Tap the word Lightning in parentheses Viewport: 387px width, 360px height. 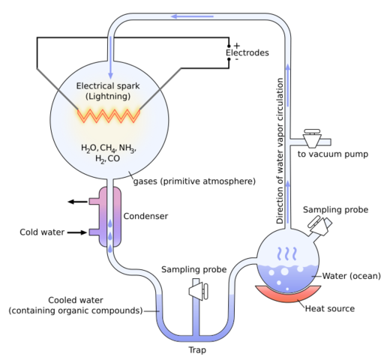(x=109, y=97)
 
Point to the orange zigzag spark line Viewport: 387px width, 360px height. (x=109, y=115)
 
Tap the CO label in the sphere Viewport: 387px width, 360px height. (x=114, y=159)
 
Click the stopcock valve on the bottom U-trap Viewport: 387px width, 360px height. (x=198, y=289)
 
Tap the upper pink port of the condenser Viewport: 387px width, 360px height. (x=96, y=201)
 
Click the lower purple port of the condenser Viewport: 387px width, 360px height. (x=96, y=232)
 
